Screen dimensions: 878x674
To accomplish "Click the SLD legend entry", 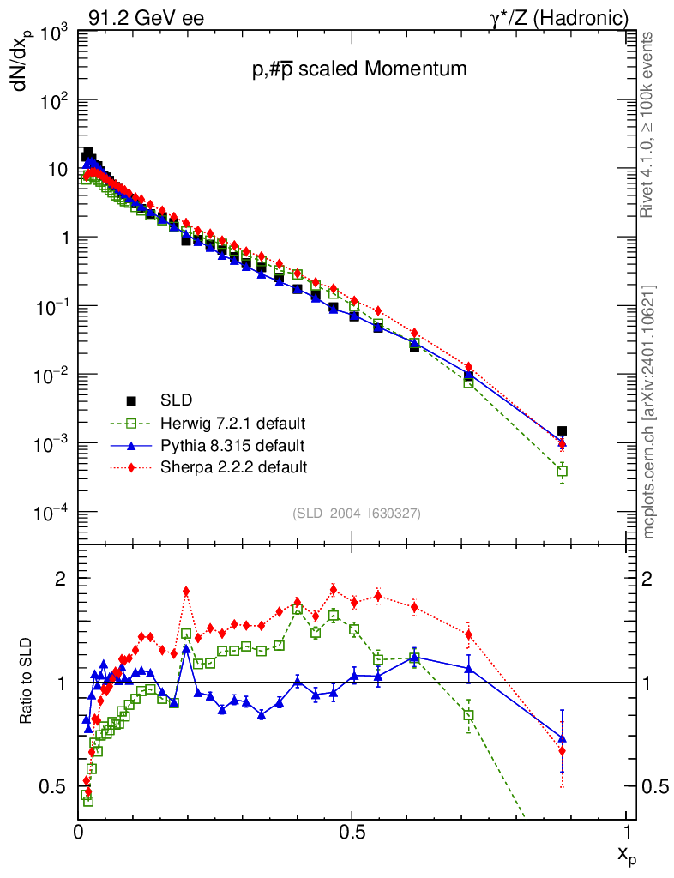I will (x=175, y=400).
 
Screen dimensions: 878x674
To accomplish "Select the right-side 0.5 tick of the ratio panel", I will (x=654, y=787).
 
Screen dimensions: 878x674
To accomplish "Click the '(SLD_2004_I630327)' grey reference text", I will (x=356, y=513).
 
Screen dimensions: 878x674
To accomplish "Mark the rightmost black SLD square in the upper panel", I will (x=562, y=431).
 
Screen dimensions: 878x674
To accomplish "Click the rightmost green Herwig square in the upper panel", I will (x=562, y=471).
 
